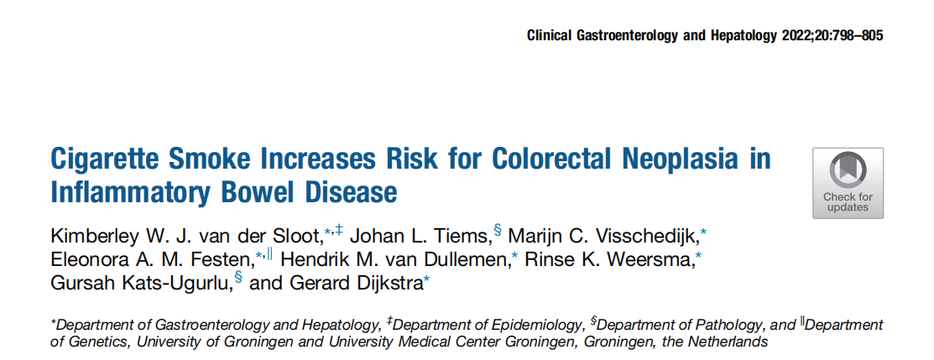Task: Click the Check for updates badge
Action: pyautogui.click(x=848, y=184)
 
